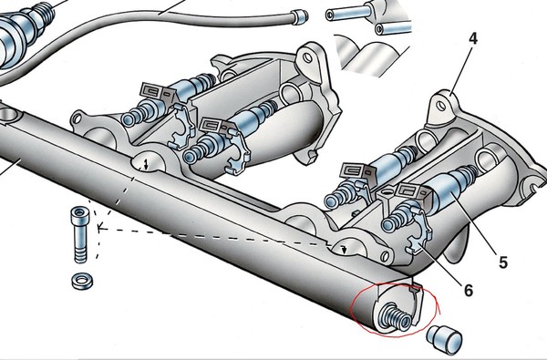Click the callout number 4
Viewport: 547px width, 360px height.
(x=472, y=40)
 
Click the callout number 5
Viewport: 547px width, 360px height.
(x=502, y=262)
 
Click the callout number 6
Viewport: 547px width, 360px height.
(x=469, y=290)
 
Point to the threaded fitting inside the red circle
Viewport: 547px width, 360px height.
(x=395, y=316)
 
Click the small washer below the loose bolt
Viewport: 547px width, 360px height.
(x=82, y=281)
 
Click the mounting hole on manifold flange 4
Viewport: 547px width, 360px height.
(x=441, y=105)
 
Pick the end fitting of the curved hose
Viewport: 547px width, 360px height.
(x=299, y=16)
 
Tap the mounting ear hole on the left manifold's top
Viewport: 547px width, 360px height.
(x=307, y=57)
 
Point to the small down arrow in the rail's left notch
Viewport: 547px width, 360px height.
(x=147, y=164)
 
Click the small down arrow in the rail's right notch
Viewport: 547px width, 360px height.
(x=345, y=250)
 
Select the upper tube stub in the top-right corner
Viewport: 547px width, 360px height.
(x=349, y=14)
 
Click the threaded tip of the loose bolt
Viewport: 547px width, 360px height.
(x=81, y=256)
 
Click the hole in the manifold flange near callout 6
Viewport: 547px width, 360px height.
(x=384, y=256)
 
